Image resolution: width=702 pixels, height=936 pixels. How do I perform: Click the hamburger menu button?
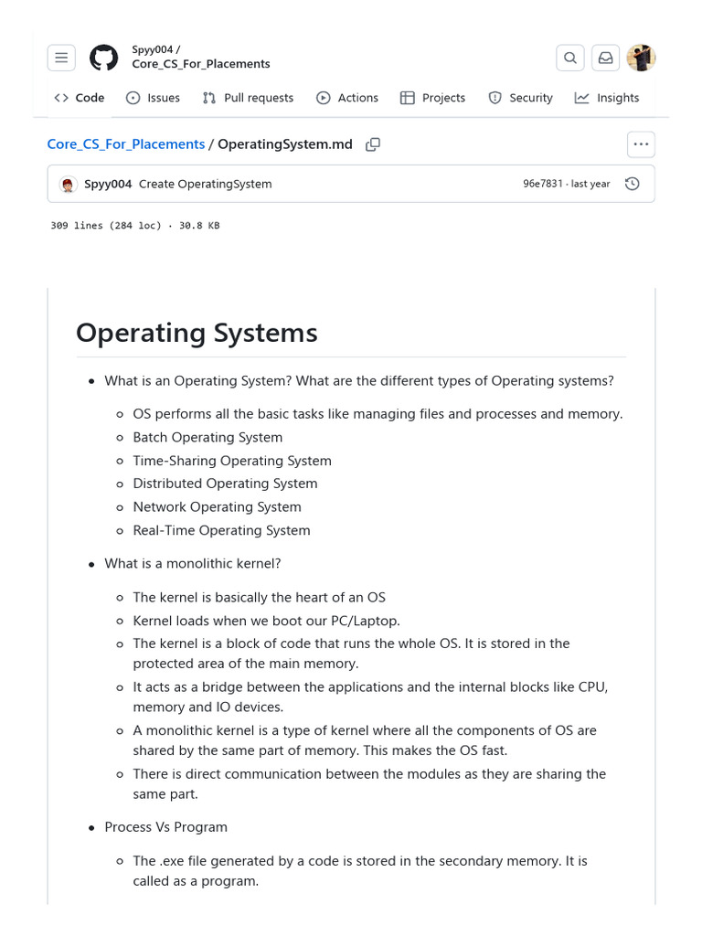[61, 58]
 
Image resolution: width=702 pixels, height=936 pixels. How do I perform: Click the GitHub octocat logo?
[103, 58]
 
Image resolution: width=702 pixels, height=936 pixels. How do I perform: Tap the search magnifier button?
[569, 58]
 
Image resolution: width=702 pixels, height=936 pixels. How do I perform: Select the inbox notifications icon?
[605, 58]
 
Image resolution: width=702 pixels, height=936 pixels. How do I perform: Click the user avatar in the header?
[641, 58]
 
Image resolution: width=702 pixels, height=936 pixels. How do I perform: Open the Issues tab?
[153, 98]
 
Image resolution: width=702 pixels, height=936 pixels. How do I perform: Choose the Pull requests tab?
[248, 98]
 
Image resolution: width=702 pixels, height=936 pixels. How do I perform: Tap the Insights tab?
[607, 98]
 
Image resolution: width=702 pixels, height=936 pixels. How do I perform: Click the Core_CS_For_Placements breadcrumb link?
[126, 144]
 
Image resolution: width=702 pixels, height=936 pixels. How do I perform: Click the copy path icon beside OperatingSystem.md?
[373, 144]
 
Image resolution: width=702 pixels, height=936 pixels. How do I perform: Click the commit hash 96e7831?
[542, 184]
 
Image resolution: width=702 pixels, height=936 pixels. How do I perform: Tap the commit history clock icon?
[632, 184]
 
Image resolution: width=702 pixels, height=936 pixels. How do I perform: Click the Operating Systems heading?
[197, 333]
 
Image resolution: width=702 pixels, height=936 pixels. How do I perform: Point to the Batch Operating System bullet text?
[207, 438]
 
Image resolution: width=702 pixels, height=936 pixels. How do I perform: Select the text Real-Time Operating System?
[221, 530]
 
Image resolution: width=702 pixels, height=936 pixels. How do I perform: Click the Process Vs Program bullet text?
[165, 827]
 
